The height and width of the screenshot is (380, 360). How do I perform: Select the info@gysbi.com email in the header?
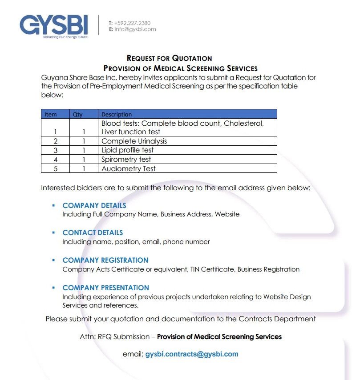tap(135, 29)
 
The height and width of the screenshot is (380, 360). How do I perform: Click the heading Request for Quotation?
tap(169, 58)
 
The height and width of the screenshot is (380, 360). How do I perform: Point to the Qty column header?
tap(78, 114)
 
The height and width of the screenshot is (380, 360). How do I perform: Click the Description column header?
tap(117, 114)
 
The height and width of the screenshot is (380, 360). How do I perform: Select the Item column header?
tap(51, 114)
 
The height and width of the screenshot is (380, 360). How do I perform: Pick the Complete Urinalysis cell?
tap(134, 141)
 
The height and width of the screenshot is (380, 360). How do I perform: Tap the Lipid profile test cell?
tap(128, 150)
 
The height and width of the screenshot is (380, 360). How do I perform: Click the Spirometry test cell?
tap(126, 159)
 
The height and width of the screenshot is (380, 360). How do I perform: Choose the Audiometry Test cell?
tap(129, 168)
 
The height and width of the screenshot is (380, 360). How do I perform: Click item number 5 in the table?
tap(55, 168)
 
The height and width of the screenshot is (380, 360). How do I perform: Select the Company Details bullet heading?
tap(94, 205)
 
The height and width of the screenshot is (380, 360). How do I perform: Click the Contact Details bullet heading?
tap(93, 232)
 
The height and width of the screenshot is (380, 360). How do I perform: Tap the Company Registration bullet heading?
tap(105, 260)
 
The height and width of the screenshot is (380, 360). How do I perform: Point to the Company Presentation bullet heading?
tap(106, 288)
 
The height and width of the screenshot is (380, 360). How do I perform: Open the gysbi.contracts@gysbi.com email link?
tap(192, 354)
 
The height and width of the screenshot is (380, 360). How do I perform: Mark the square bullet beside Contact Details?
tap(53, 232)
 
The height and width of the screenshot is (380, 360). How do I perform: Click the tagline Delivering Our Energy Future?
tap(65, 37)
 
